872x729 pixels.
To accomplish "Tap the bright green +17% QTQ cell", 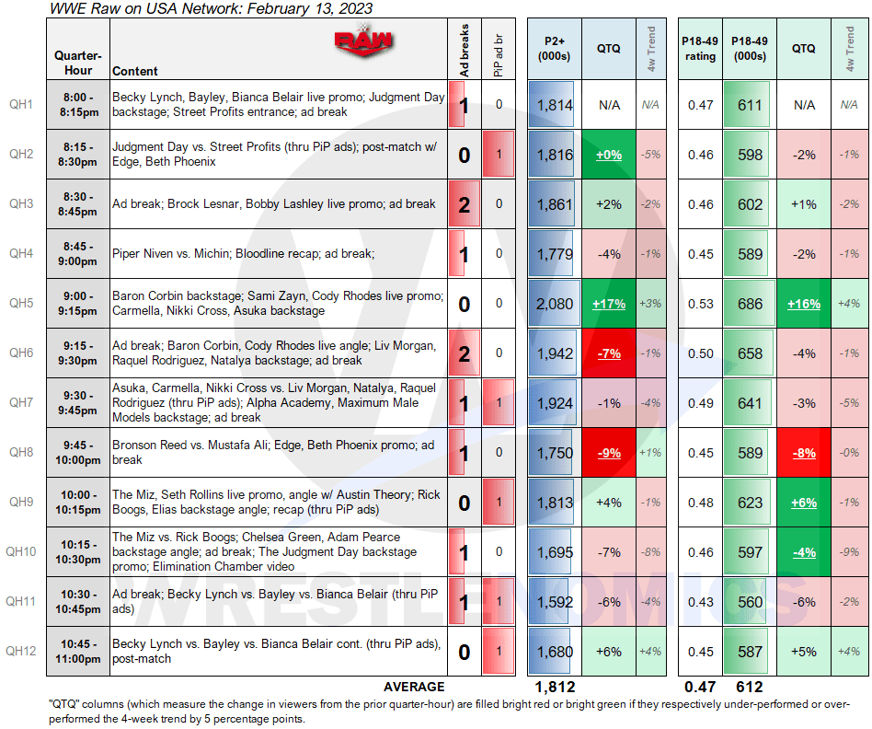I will [x=608, y=304].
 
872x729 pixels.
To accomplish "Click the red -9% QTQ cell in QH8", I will [x=608, y=453].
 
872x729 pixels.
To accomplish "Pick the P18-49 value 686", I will [x=750, y=304].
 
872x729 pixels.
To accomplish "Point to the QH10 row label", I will [x=21, y=552].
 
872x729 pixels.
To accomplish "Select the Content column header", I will [x=135, y=71].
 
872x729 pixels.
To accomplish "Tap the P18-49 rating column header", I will [x=698, y=48].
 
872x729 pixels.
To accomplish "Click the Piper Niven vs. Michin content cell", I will [x=277, y=254].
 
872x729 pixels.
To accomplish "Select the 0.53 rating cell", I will [x=700, y=304].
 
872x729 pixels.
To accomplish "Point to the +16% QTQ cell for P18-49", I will [x=805, y=304].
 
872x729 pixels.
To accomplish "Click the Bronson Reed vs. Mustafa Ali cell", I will [x=277, y=453].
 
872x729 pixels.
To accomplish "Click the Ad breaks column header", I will [x=465, y=49].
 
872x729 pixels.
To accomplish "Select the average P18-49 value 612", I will [x=750, y=687].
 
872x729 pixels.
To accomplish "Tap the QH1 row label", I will [x=21, y=105].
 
